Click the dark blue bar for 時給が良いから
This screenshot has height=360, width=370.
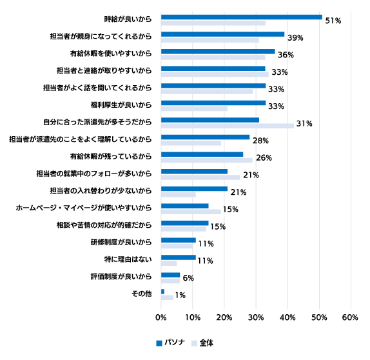click(x=242, y=17)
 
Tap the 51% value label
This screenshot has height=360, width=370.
click(x=333, y=21)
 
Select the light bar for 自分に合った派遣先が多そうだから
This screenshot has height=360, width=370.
click(x=228, y=126)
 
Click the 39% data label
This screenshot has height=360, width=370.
click(x=295, y=38)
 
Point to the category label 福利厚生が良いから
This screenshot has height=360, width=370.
click(x=121, y=105)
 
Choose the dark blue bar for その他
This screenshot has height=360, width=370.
click(x=162, y=292)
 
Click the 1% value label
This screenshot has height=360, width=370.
click(x=180, y=295)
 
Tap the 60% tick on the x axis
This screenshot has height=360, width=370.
click(x=350, y=317)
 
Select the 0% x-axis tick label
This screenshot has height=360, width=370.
click(x=161, y=317)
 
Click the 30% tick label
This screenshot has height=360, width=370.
click(x=256, y=317)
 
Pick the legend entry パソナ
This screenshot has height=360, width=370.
click(x=171, y=343)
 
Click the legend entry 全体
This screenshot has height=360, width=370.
click(x=202, y=343)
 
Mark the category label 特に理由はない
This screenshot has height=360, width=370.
click(x=128, y=259)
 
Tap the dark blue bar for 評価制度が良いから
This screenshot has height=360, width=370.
click(x=170, y=275)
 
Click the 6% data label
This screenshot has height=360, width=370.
click(x=188, y=278)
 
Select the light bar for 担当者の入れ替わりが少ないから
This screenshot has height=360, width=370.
click(x=179, y=195)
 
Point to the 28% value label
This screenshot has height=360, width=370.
click(x=260, y=141)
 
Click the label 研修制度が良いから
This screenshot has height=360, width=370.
click(x=121, y=243)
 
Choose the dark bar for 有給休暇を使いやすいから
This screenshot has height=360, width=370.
click(x=218, y=52)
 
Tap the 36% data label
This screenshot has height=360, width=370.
click(x=286, y=55)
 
